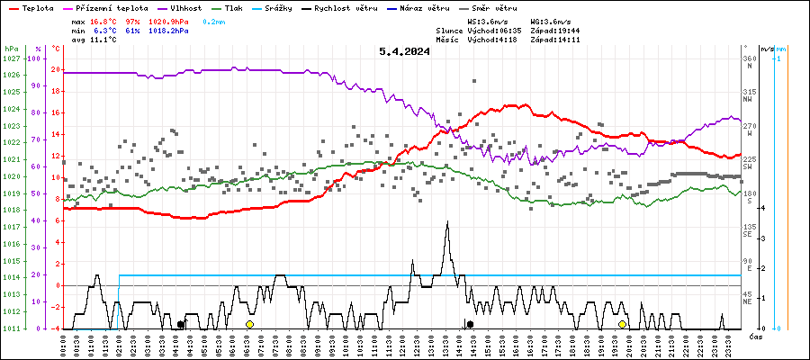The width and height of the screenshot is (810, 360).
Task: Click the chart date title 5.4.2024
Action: [404, 51]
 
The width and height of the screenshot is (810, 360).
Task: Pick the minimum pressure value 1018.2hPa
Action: [169, 30]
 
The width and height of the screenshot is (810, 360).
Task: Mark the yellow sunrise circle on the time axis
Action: [249, 324]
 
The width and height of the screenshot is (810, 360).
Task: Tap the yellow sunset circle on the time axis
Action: [622, 324]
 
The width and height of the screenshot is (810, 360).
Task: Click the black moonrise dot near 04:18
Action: [181, 324]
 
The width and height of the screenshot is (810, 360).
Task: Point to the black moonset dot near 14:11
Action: [470, 324]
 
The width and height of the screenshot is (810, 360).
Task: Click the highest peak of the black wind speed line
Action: [447, 221]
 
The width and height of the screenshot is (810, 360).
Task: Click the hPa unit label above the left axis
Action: [11, 48]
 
